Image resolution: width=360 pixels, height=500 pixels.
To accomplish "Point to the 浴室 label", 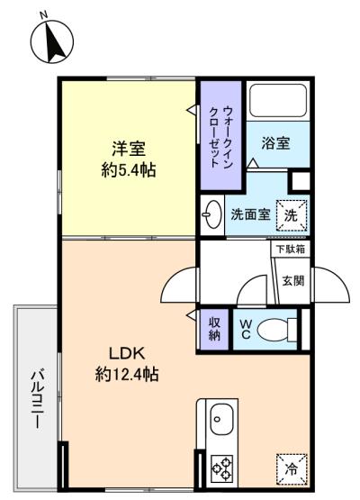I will click(275, 143).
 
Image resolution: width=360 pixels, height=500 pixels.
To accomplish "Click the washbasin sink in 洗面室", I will click(212, 214).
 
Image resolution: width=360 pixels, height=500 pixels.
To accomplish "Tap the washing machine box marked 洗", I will click(291, 214).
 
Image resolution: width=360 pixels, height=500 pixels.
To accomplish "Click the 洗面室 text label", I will click(251, 215).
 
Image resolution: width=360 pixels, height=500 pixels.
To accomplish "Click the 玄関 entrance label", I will click(292, 280).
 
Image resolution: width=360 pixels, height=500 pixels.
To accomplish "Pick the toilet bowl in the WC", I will click(275, 331).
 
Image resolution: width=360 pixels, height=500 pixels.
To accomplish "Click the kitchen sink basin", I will click(220, 420).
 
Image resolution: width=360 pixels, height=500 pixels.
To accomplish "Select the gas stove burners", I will click(220, 468).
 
